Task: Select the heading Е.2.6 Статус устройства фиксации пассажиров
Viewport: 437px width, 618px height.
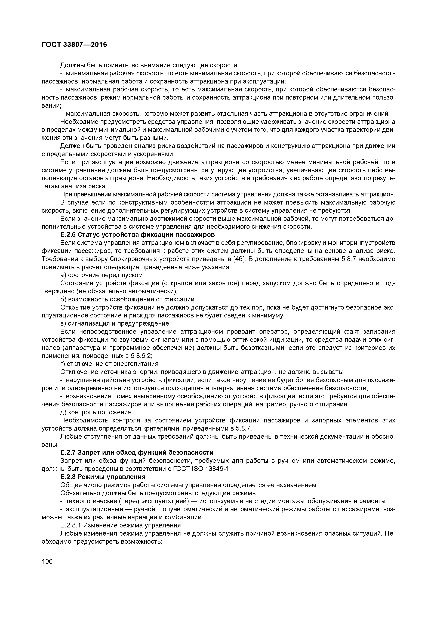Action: click(137, 234)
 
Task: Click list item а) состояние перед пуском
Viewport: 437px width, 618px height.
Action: click(101, 275)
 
